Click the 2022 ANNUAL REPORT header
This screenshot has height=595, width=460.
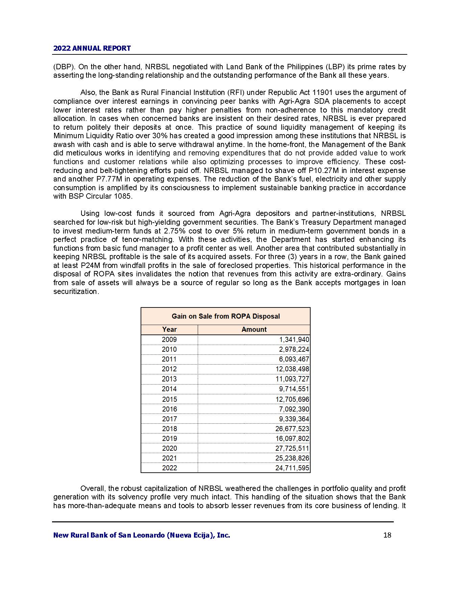[92, 48]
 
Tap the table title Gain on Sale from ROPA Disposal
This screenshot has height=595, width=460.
[225, 316]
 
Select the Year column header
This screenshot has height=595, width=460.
[169, 329]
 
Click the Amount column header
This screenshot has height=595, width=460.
[254, 329]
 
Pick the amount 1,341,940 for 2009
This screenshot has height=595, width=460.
[294, 340]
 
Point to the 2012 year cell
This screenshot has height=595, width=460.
[169, 369]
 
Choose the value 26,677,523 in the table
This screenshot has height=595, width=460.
[292, 429]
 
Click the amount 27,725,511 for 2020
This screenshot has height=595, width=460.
[292, 448]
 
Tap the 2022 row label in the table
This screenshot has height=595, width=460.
[169, 468]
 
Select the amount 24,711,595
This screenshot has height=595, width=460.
[292, 468]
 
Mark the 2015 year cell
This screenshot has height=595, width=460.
[169, 399]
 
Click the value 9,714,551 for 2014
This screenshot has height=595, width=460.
[294, 389]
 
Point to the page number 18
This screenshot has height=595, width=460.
[387, 535]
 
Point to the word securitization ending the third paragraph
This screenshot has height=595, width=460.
[76, 291]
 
